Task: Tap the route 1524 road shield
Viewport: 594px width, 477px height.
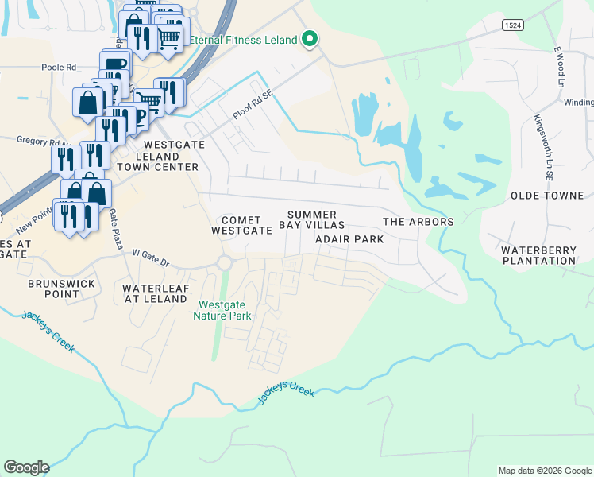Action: [x=513, y=25]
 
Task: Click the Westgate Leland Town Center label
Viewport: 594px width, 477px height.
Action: [x=157, y=156]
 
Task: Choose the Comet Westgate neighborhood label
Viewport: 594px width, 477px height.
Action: [x=237, y=225]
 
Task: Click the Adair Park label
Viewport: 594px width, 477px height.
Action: [x=349, y=239]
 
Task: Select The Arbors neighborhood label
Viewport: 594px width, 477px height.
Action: [x=418, y=222]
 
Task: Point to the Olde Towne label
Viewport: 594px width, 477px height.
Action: [x=546, y=196]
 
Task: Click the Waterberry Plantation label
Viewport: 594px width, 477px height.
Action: [x=538, y=255]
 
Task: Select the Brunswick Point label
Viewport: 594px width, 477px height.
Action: [x=62, y=289]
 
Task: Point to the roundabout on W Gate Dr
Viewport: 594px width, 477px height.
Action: [x=225, y=263]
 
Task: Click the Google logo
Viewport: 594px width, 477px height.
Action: [x=26, y=467]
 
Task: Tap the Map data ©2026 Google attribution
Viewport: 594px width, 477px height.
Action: [x=544, y=471]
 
